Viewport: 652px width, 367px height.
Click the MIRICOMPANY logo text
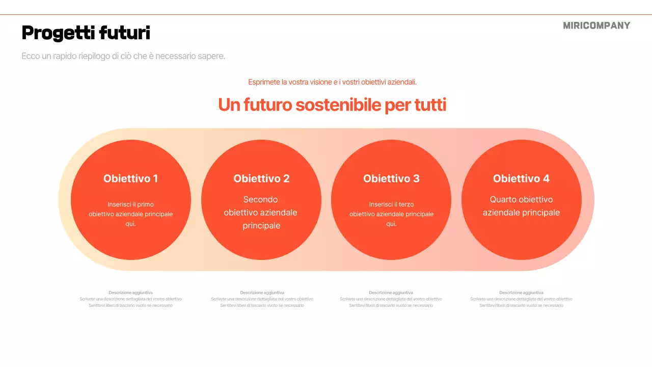[x=596, y=25]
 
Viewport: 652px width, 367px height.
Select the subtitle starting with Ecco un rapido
[x=123, y=56]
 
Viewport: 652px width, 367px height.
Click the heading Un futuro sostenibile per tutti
[x=332, y=105]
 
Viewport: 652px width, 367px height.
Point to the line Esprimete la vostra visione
[x=332, y=82]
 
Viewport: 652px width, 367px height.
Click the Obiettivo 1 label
[x=130, y=178]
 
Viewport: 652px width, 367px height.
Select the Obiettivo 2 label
[x=261, y=178]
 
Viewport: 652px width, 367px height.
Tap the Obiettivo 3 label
[x=391, y=178]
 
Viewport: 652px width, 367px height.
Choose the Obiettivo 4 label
[x=521, y=178]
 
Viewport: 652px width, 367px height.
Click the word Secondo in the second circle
[x=260, y=199]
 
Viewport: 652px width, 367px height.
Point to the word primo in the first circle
[x=145, y=204]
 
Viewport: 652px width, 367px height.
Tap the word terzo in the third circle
[x=406, y=204]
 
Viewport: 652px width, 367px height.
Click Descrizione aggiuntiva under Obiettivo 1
[x=130, y=293]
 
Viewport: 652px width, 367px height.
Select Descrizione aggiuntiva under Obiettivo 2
[x=262, y=293]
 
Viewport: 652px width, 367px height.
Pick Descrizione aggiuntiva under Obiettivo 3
[x=391, y=293]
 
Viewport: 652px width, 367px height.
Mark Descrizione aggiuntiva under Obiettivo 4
[x=521, y=293]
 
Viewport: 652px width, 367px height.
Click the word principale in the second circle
[x=261, y=226]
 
